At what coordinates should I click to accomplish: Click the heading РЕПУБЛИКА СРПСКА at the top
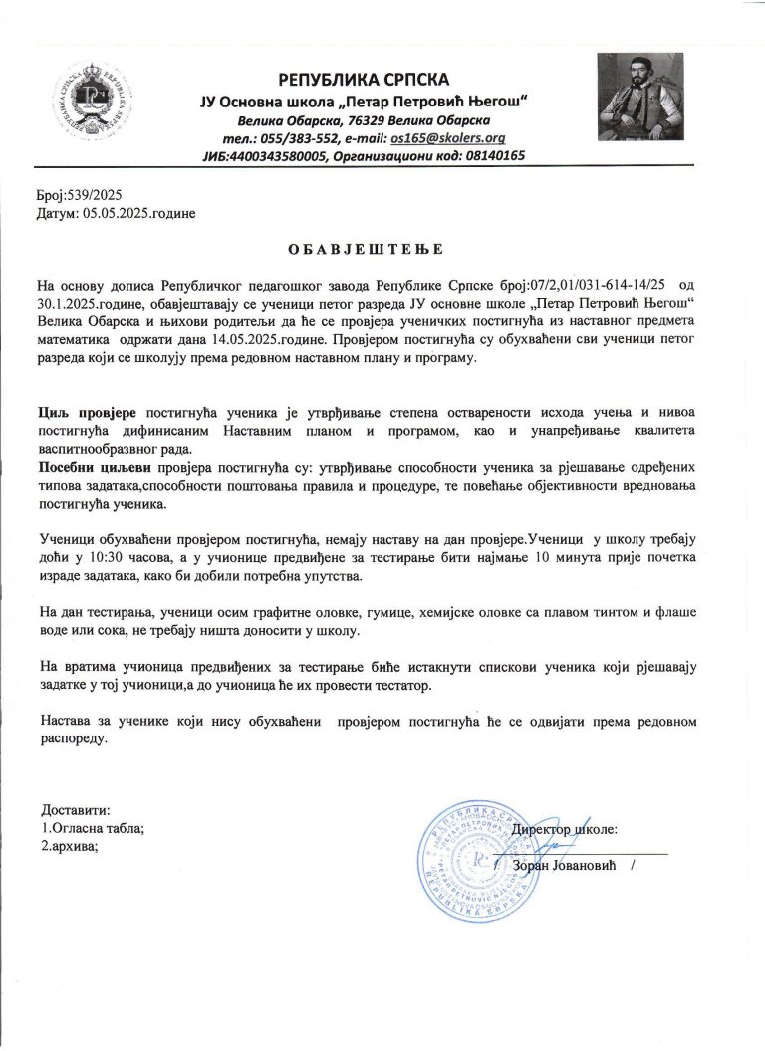coord(365,78)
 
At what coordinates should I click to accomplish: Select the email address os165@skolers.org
coord(449,138)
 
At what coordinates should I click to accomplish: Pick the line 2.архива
coord(70,846)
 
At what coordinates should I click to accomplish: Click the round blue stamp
coord(478,859)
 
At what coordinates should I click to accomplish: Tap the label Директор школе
coord(565,828)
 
